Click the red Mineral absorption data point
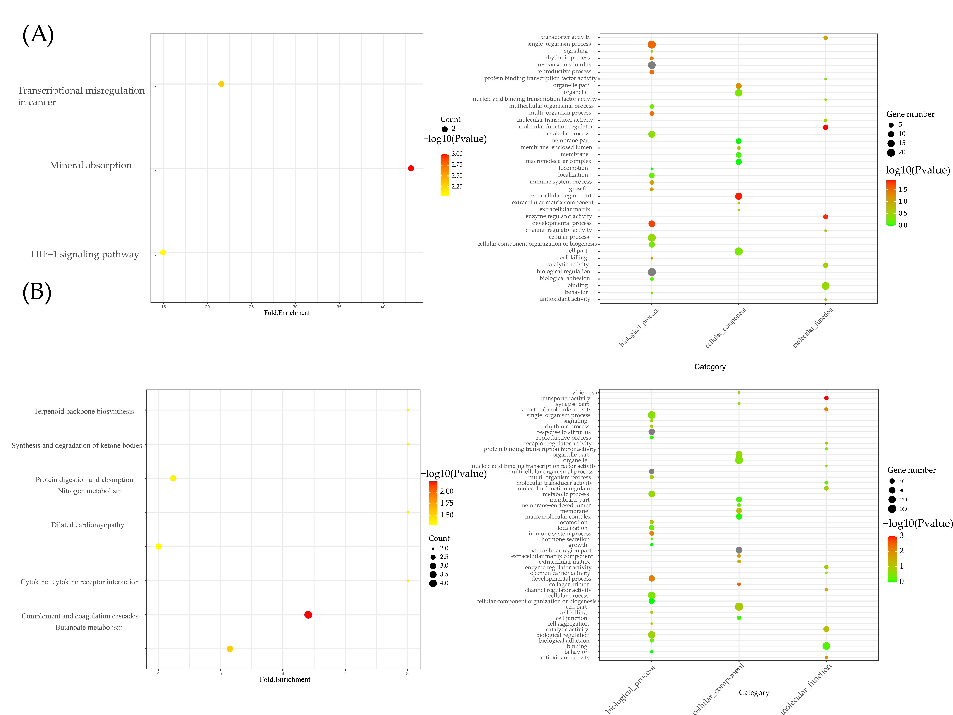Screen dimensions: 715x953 pyautogui.click(x=411, y=168)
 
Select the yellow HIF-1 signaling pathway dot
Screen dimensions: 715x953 pyautogui.click(x=163, y=252)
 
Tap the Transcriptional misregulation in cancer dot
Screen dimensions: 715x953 pyautogui.click(x=221, y=84)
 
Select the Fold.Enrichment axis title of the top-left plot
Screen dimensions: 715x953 pyautogui.click(x=287, y=313)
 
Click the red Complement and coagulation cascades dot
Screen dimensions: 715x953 pyautogui.click(x=308, y=615)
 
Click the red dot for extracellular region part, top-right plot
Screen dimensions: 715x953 pyautogui.click(x=738, y=196)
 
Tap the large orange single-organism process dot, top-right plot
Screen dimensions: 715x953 pyautogui.click(x=651, y=44)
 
